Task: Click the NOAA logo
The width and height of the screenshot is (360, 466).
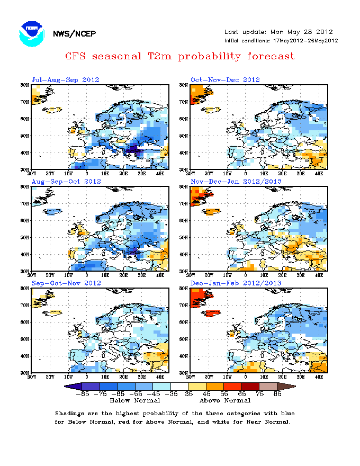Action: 31,34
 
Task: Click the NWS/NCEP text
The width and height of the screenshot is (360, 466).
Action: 74,34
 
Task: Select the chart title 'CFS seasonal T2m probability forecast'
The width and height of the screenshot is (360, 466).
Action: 179,56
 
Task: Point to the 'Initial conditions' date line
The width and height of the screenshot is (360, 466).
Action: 281,40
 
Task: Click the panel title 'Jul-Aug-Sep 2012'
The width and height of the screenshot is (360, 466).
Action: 66,80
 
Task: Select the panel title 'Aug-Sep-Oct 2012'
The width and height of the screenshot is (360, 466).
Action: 66,182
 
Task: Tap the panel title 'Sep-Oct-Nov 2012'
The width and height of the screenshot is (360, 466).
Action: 66,283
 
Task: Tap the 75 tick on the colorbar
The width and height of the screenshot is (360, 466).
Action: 260,393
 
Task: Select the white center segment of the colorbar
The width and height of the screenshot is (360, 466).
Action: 179,386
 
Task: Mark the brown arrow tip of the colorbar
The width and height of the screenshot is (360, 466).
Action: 290,386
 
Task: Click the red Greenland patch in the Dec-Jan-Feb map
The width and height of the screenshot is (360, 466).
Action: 199,300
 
